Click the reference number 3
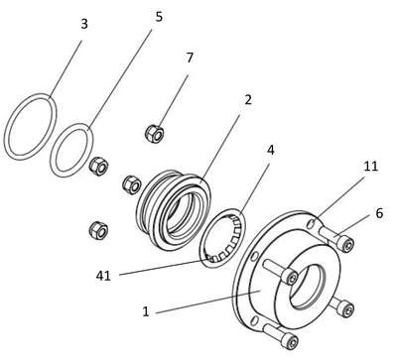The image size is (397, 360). click(84, 24)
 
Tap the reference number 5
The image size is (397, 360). click(159, 17)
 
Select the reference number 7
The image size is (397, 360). click(190, 58)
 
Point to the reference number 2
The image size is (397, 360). click(248, 99)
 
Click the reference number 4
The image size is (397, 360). click(271, 151)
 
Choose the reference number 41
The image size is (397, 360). click(103, 276)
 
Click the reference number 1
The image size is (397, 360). click(146, 311)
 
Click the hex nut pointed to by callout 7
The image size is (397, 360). click(155, 134)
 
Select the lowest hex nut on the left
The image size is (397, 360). click(98, 230)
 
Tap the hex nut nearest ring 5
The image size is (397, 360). click(98, 165)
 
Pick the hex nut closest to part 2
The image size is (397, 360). click(132, 184)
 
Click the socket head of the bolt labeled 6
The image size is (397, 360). click(346, 244)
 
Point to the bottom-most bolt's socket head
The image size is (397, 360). click(290, 340)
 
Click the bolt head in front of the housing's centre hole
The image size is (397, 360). click(290, 277)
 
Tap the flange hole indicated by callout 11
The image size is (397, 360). click(312, 224)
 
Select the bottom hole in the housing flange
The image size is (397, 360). click(254, 320)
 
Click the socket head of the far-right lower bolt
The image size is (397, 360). click(346, 309)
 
